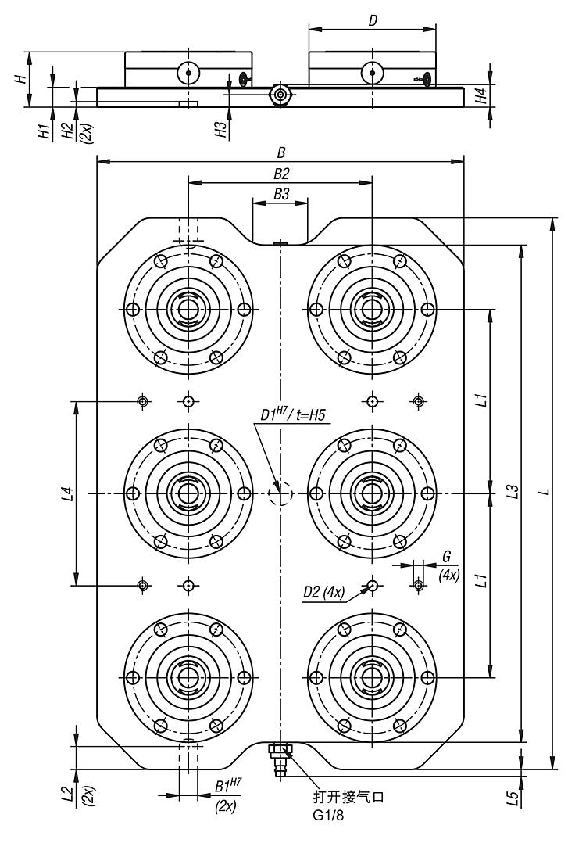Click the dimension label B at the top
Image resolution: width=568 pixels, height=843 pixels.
pos(280,153)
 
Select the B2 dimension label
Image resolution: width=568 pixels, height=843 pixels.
pos(280,174)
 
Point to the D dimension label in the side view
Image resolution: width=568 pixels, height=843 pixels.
pos(373,21)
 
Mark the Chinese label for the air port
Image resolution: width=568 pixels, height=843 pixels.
pos(348,799)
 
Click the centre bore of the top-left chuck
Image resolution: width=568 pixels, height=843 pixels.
pos(188,309)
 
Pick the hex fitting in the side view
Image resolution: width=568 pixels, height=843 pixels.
pos(280,94)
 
